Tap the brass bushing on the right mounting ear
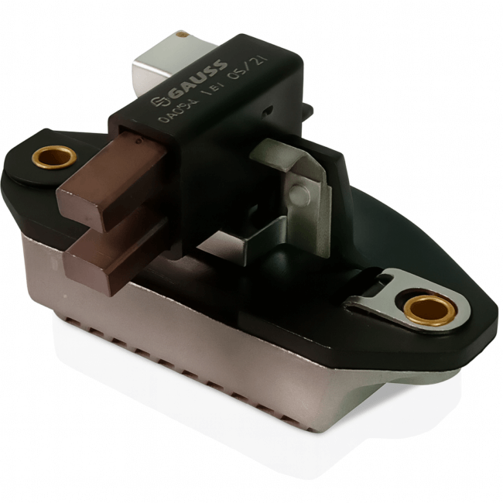pos(429,310)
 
